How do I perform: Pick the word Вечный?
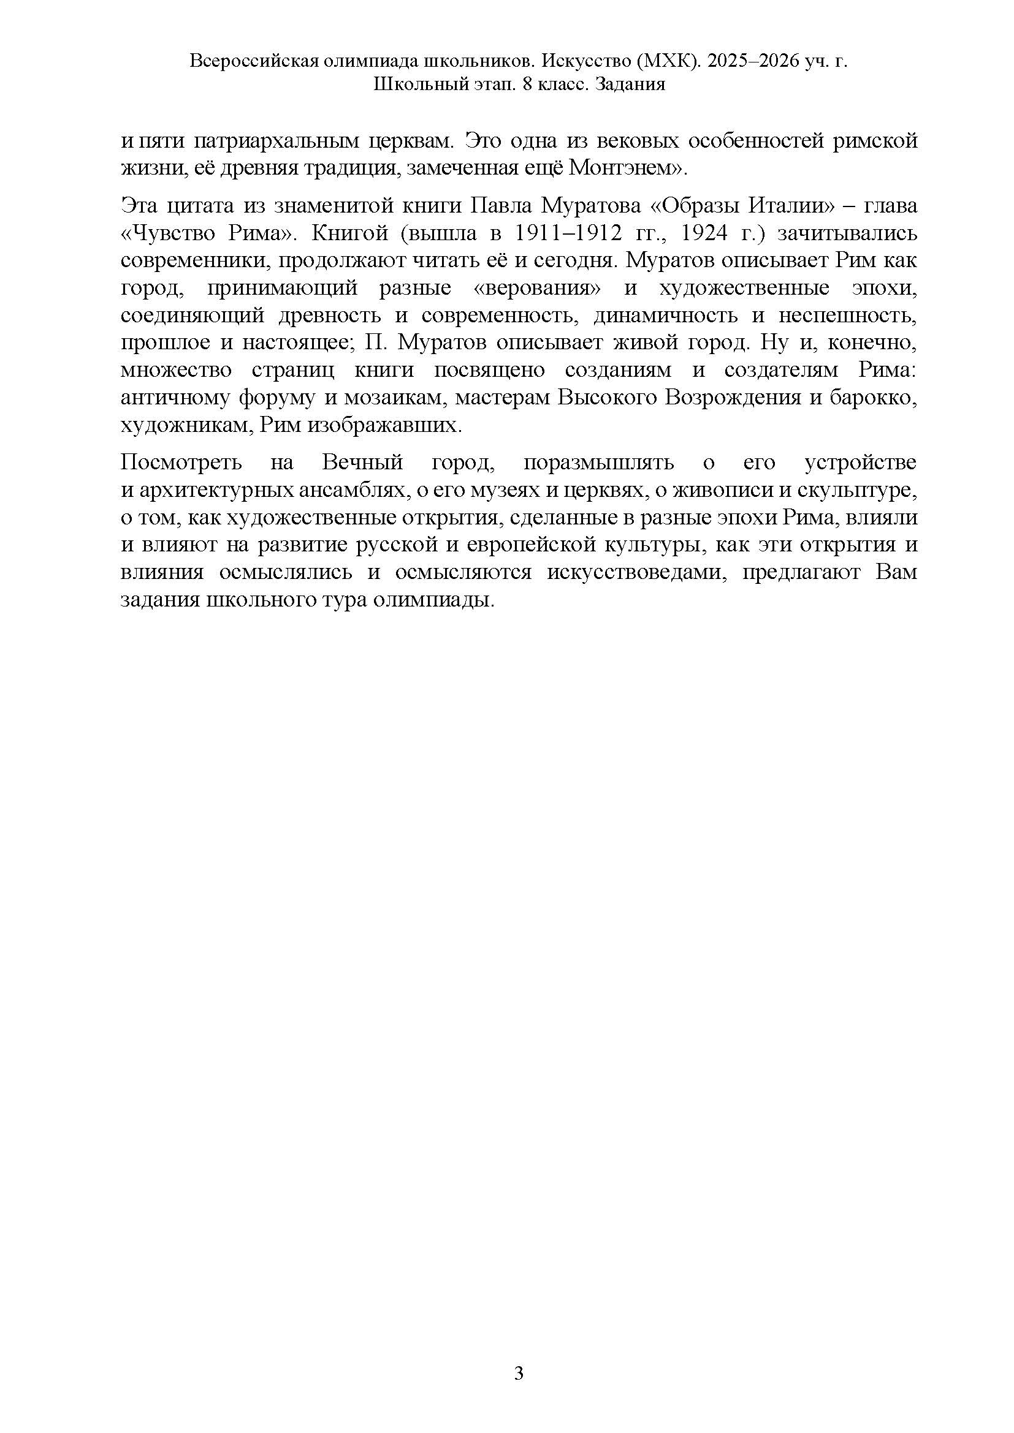[x=362, y=463]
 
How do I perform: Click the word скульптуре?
[x=863, y=490]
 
